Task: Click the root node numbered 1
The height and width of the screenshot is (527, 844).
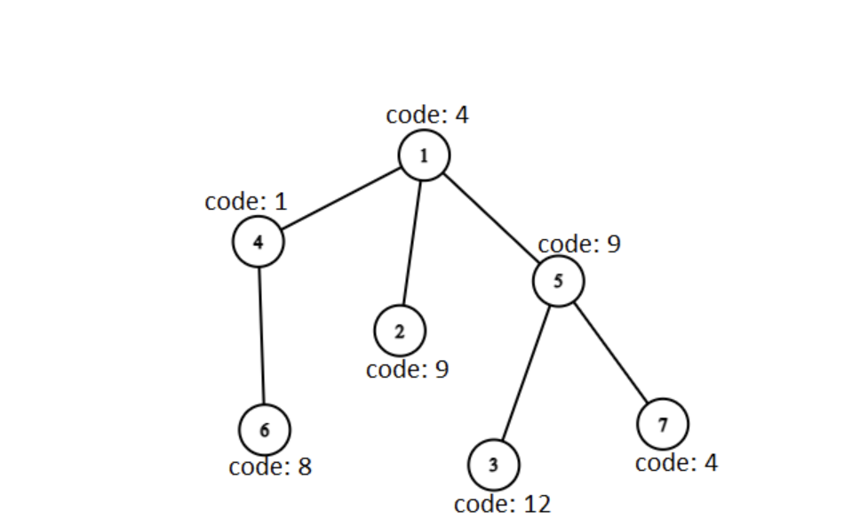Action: [424, 156]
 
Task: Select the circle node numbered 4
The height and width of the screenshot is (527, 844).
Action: [259, 241]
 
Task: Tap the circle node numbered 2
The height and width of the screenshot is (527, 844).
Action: [400, 331]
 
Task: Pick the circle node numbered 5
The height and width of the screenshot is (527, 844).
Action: [558, 281]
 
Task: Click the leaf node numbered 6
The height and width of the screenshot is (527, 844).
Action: [264, 428]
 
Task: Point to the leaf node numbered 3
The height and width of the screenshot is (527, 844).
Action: [493, 465]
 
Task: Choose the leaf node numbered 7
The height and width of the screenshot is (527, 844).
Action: [663, 423]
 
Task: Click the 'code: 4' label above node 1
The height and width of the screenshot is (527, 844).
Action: [426, 115]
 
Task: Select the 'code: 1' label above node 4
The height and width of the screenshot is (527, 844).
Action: [246, 202]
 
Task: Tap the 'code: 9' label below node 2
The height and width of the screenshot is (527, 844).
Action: [407, 369]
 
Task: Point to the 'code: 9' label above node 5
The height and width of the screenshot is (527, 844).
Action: [579, 244]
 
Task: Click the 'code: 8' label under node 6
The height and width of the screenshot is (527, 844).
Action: [270, 467]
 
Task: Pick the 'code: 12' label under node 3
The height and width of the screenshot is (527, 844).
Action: [502, 504]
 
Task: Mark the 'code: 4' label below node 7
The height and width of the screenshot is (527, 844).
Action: [676, 463]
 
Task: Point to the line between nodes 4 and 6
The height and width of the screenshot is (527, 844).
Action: [261, 334]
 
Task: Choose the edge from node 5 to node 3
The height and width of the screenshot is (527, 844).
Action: [525, 373]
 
